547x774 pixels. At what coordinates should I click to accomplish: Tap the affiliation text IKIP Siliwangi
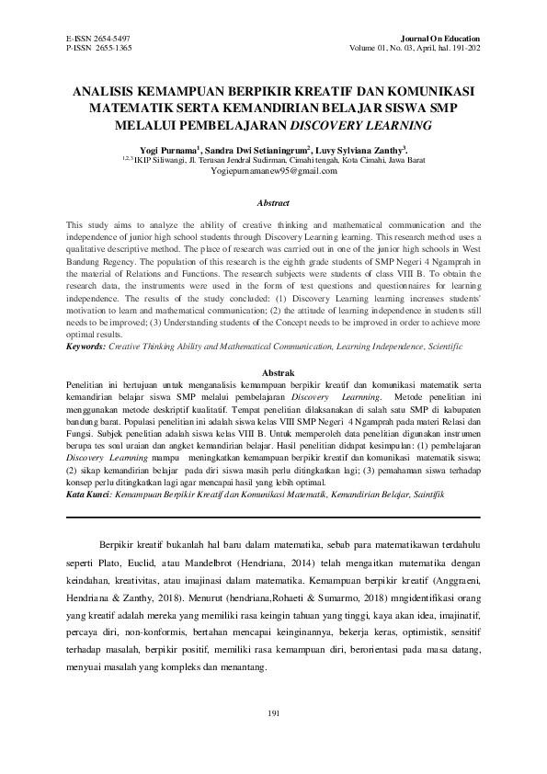tap(160, 159)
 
